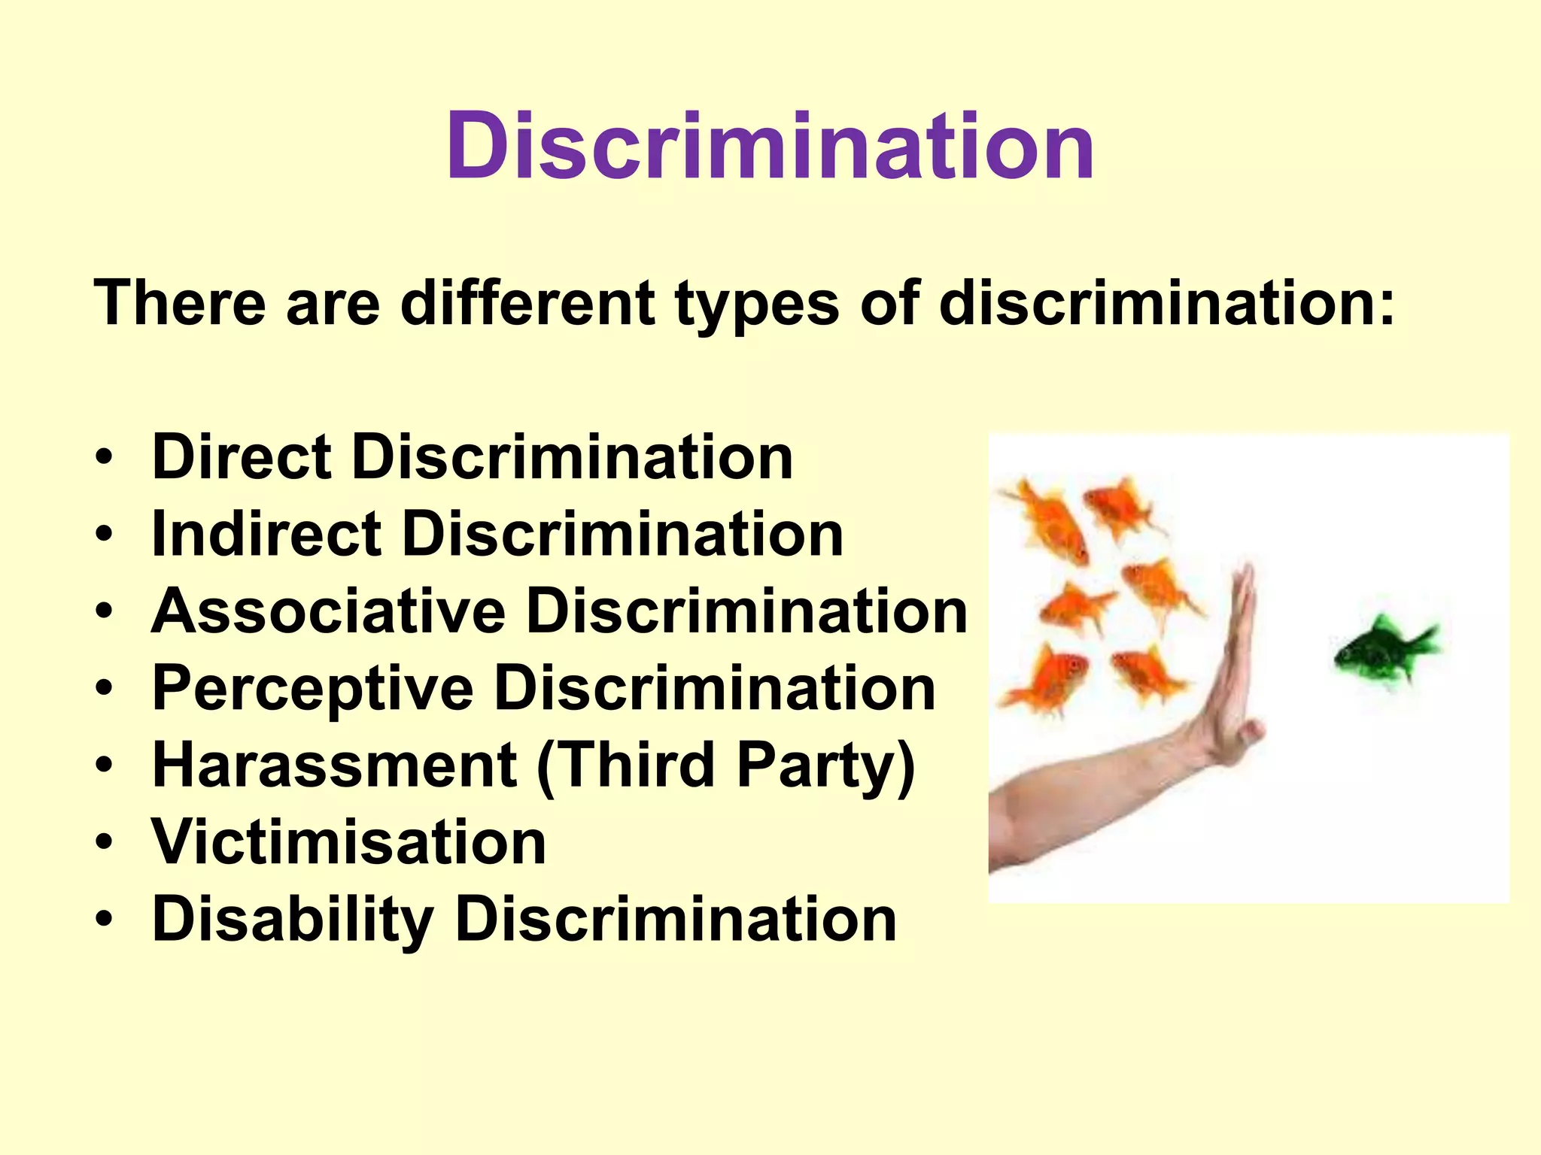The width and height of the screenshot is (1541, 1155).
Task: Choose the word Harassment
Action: pyautogui.click(x=334, y=765)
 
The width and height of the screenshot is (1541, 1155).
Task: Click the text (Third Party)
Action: pyautogui.click(x=725, y=765)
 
